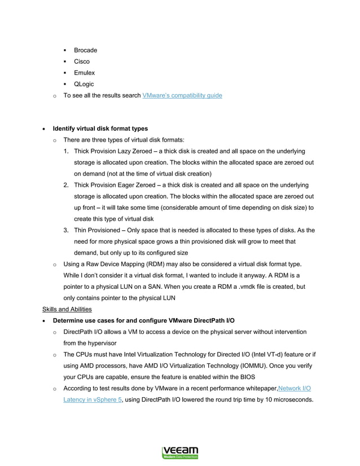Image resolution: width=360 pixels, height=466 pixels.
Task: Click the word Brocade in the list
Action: (x=85, y=50)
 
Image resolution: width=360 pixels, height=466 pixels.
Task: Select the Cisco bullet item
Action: (x=82, y=61)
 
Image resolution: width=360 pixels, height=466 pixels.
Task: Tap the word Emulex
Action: (x=84, y=73)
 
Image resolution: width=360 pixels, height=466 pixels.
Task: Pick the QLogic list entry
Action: (x=84, y=84)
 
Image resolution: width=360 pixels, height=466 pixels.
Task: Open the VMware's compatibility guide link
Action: (x=182, y=95)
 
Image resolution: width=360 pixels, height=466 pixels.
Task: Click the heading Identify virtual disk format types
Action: (x=100, y=129)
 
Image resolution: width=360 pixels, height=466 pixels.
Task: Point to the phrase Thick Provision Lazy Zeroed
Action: (x=113, y=151)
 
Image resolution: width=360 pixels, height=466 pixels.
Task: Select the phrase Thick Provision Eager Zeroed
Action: (x=115, y=185)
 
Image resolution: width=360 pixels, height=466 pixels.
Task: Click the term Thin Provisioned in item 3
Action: (x=96, y=230)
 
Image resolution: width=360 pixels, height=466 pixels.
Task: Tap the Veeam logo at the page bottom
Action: (x=180, y=452)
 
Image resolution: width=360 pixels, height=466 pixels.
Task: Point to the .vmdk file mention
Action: (x=236, y=287)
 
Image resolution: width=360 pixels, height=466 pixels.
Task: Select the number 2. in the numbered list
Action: (x=66, y=185)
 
